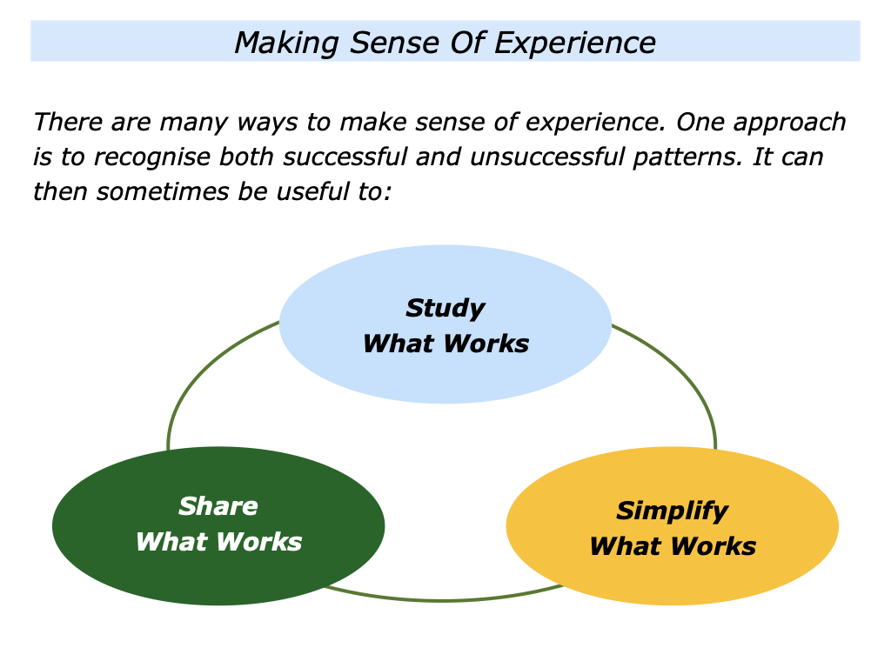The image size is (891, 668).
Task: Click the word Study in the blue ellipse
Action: pyautogui.click(x=445, y=308)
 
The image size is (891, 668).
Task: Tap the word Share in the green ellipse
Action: pyautogui.click(x=218, y=506)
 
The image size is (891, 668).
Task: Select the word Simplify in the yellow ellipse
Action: pyautogui.click(x=672, y=511)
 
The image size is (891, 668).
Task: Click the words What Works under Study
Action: pyautogui.click(x=445, y=344)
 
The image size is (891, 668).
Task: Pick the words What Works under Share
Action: pyautogui.click(x=218, y=542)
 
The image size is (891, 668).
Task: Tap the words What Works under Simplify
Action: pyautogui.click(x=672, y=546)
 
